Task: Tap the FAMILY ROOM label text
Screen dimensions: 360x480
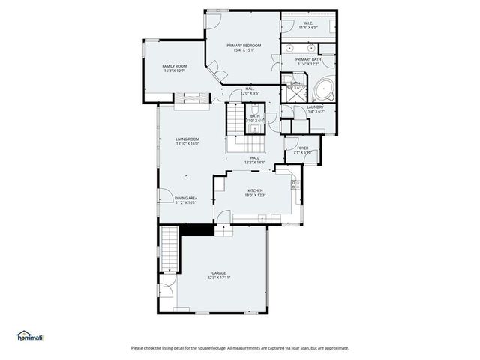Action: tap(174, 67)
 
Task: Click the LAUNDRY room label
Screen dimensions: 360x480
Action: tap(315, 107)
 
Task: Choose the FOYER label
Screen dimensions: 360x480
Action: tap(302, 148)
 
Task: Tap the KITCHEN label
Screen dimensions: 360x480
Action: tap(256, 191)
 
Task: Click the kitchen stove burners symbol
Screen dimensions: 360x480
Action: tap(295, 184)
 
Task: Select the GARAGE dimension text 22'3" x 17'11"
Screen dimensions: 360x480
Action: tap(219, 277)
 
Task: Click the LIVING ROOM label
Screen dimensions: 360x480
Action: tap(187, 139)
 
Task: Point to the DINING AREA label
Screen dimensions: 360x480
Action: tap(186, 198)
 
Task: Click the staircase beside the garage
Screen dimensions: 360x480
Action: tap(172, 251)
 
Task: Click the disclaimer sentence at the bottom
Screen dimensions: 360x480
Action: tap(240, 348)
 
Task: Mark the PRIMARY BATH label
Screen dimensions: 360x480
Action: tap(308, 59)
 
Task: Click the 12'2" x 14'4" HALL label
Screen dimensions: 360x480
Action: tap(255, 160)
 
